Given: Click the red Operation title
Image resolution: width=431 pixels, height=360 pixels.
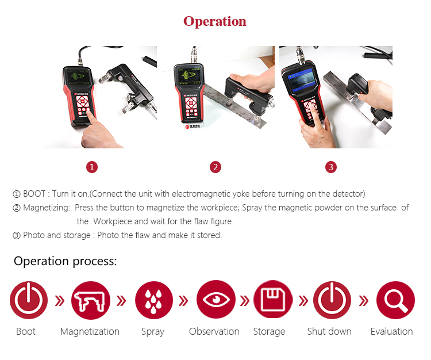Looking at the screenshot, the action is point(215,21).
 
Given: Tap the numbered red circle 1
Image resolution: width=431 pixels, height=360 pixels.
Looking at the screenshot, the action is point(92,167).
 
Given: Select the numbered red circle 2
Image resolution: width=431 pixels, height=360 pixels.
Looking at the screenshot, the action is point(215,167).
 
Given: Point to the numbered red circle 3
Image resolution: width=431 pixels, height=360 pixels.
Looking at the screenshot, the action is point(331,167).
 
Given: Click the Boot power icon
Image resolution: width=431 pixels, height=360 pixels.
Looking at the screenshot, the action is point(29,300).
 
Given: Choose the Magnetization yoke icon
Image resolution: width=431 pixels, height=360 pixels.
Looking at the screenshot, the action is point(90,300).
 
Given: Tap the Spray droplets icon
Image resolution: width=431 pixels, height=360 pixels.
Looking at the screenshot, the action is point(153,300).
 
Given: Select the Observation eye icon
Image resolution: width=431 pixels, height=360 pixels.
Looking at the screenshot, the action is point(216,300).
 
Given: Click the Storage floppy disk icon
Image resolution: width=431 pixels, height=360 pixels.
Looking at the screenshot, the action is point(273,300).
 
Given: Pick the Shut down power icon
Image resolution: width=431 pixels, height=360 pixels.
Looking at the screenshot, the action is point(332,300).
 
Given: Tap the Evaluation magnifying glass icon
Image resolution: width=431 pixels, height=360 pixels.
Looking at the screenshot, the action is point(395,300).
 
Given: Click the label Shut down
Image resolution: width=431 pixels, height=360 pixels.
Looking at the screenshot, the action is point(329,331).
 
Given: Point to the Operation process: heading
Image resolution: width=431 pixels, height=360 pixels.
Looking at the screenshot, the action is point(65,261).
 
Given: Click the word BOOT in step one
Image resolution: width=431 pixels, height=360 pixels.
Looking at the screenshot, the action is point(34,194).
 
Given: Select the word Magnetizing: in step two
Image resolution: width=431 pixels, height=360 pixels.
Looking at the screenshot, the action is point(47,208).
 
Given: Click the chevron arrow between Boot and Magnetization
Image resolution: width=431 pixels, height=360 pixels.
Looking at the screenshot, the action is point(60,301).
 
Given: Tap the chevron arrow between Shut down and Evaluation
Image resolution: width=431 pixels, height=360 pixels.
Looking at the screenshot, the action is point(363,301).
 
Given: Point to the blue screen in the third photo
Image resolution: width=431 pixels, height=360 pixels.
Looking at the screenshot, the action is point(301,79).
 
